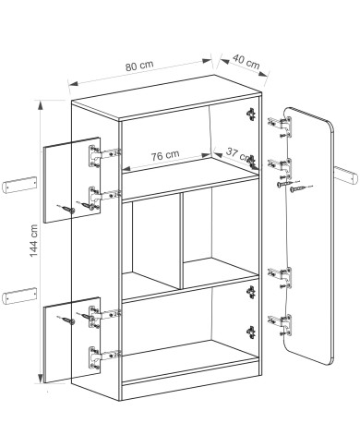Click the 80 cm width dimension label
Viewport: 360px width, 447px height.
[x=139, y=66]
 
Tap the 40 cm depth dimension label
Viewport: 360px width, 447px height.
[x=246, y=62]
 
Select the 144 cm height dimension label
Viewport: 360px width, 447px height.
[x=33, y=241]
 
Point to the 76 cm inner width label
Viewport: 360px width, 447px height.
[x=165, y=156]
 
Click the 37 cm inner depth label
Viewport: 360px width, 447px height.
[x=237, y=154]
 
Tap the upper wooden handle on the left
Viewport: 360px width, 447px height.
[x=19, y=185]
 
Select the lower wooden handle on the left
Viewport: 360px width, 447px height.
[x=19, y=296]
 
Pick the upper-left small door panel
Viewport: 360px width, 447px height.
[x=72, y=180]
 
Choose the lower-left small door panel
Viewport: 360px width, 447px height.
[x=72, y=340]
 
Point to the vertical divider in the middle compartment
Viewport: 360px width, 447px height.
[x=181, y=241]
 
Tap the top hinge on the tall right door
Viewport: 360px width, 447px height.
[x=281, y=127]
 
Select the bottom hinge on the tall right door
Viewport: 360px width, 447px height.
[x=281, y=325]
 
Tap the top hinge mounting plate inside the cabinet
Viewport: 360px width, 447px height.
[x=252, y=114]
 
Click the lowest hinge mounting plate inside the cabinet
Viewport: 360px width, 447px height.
[x=251, y=332]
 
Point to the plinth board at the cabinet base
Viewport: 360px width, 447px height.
[x=190, y=381]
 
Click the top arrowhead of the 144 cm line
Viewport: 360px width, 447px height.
[x=40, y=105]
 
